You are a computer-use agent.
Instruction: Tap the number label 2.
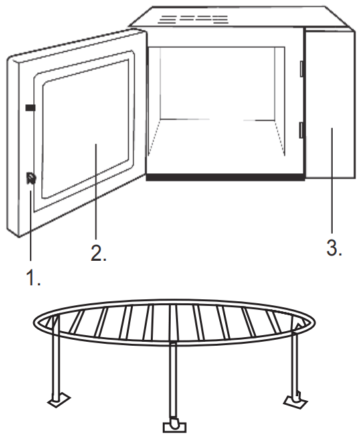click(x=98, y=253)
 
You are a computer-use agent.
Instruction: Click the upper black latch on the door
click(x=31, y=107)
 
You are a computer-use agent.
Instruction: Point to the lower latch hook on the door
click(x=31, y=178)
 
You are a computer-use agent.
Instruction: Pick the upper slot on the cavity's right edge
click(x=301, y=68)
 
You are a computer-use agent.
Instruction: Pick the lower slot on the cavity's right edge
click(x=301, y=129)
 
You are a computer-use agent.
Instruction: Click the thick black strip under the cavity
click(x=225, y=178)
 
